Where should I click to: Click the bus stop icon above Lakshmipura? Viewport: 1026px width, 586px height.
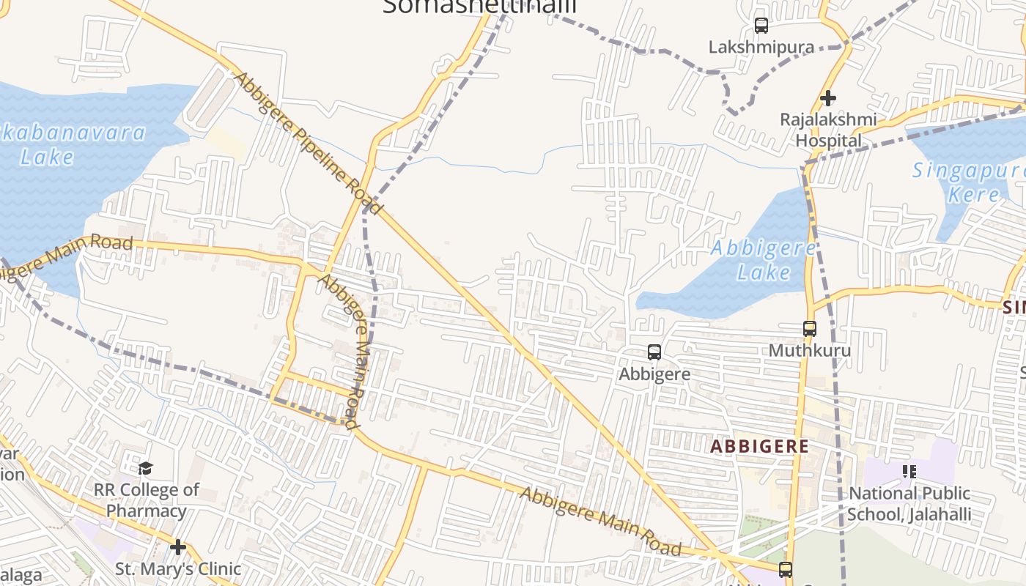(x=761, y=26)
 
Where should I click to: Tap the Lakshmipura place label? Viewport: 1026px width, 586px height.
(x=761, y=48)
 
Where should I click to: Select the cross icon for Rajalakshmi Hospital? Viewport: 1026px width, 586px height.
(x=828, y=97)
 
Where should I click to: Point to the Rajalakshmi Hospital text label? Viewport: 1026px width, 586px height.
(x=828, y=130)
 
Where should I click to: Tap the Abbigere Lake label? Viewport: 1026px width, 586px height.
(x=763, y=260)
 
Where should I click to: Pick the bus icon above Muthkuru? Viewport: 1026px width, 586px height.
(x=810, y=329)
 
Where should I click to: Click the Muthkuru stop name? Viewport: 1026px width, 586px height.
(x=810, y=350)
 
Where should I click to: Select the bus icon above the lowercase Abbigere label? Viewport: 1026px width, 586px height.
(x=654, y=352)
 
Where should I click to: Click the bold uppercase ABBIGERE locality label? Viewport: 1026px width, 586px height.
(x=760, y=446)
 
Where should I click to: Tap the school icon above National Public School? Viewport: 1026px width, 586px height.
(x=909, y=471)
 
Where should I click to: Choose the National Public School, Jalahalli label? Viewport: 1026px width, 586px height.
(x=909, y=504)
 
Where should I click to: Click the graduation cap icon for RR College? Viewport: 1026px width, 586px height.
(x=146, y=468)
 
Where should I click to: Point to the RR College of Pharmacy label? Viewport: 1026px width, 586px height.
(x=147, y=500)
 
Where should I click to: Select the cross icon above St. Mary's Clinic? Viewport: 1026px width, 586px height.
(x=177, y=547)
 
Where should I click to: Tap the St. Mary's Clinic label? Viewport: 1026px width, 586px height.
(x=178, y=568)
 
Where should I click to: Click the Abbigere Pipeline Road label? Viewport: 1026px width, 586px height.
(x=308, y=143)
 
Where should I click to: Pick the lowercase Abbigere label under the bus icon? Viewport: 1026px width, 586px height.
(x=654, y=374)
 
